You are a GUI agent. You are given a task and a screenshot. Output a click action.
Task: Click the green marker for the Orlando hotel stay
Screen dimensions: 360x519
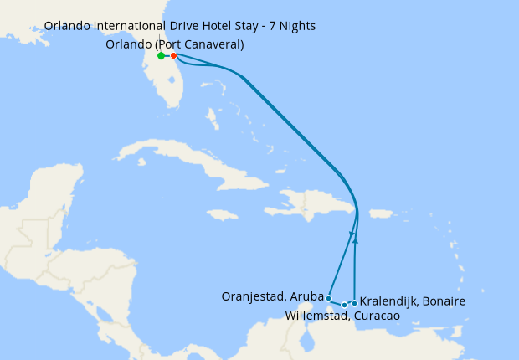pyautogui.click(x=161, y=56)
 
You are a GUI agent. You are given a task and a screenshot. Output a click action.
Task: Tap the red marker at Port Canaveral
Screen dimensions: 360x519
pyautogui.click(x=173, y=56)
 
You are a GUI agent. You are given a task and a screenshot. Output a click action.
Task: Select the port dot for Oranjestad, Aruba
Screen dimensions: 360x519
pyautogui.click(x=329, y=297)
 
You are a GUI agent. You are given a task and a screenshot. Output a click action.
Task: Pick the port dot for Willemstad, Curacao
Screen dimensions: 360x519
pyautogui.click(x=344, y=305)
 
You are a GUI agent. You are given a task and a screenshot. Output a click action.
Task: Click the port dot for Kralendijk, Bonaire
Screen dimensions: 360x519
pyautogui.click(x=355, y=303)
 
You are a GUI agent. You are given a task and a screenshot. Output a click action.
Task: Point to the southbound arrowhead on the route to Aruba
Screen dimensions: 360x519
pyautogui.click(x=352, y=234)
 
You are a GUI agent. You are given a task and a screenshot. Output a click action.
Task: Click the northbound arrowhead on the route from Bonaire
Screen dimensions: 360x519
pyautogui.click(x=356, y=241)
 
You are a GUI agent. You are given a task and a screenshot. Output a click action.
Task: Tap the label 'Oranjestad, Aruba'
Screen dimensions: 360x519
pyautogui.click(x=272, y=296)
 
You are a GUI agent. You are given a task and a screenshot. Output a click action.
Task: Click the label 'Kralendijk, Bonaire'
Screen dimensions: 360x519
pyautogui.click(x=413, y=301)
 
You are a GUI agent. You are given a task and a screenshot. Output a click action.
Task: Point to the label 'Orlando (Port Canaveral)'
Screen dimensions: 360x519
pyautogui.click(x=175, y=44)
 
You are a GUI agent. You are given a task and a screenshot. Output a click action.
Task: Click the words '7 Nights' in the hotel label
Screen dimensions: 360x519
pyautogui.click(x=291, y=26)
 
